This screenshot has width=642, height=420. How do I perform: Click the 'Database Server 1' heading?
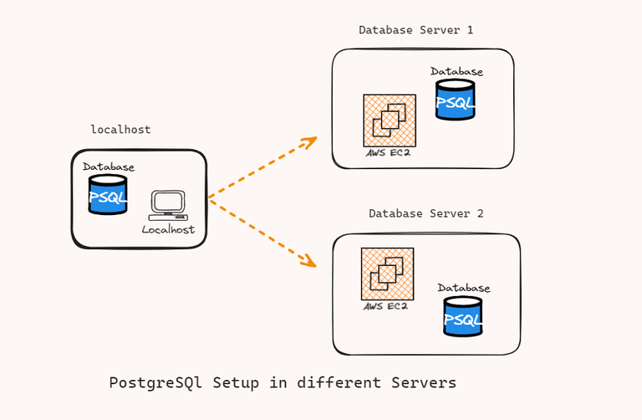pyautogui.click(x=415, y=30)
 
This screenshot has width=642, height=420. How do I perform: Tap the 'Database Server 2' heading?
pyautogui.click(x=425, y=214)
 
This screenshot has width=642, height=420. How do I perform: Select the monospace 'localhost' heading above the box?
pyautogui.click(x=120, y=130)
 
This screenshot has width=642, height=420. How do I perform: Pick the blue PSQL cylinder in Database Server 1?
pyautogui.click(x=455, y=101)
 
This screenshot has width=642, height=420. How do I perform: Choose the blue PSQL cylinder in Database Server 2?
pyautogui.click(x=462, y=318)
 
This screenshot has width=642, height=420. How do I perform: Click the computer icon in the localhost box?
pyautogui.click(x=167, y=206)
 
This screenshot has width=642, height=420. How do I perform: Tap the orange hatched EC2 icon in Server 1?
pyautogui.click(x=389, y=120)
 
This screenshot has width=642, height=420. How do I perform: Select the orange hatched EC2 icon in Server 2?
pyautogui.click(x=387, y=274)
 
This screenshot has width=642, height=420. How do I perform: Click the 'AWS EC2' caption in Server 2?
pyautogui.click(x=385, y=307)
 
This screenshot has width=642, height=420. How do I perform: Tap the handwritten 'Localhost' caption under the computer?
pyautogui.click(x=168, y=229)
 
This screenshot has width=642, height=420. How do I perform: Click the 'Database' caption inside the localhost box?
pyautogui.click(x=108, y=167)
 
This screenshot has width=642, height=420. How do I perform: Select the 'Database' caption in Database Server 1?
pyautogui.click(x=456, y=72)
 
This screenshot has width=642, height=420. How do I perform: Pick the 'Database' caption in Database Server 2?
pyautogui.click(x=463, y=289)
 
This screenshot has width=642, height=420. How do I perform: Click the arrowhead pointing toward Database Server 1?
pyautogui.click(x=310, y=141)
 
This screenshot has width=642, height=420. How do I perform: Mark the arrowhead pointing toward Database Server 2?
pyautogui.click(x=309, y=263)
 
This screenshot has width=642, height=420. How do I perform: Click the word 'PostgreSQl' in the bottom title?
pyautogui.click(x=156, y=383)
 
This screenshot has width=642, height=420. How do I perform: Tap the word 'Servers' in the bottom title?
pyautogui.click(x=424, y=383)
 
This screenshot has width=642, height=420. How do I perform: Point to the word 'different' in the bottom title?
pyautogui.click(x=337, y=383)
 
